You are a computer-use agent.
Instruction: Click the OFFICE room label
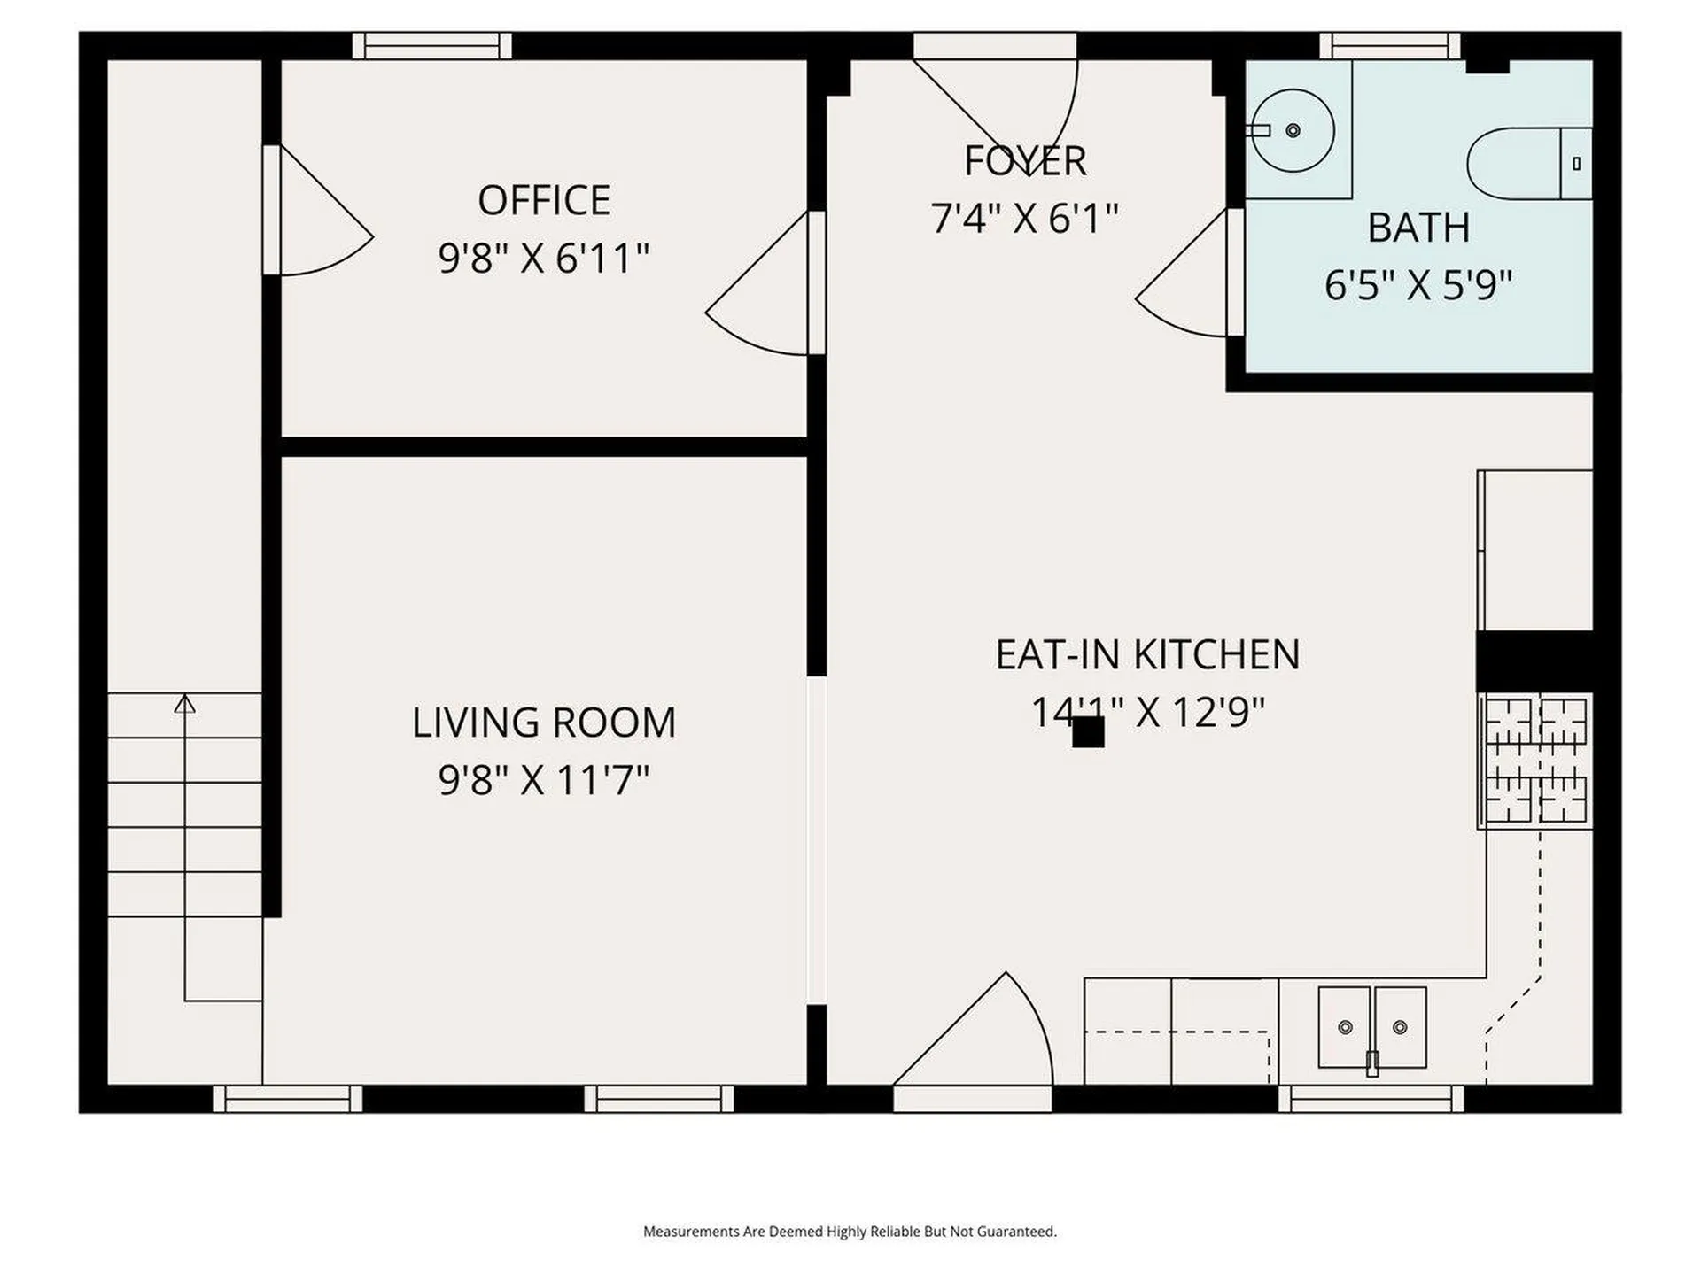tap(544, 201)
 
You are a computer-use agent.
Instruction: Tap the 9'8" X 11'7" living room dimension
tap(544, 781)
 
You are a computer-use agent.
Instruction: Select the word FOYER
tap(1025, 161)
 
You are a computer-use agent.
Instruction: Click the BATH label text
tap(1418, 228)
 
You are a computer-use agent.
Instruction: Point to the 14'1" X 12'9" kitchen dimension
tap(1148, 712)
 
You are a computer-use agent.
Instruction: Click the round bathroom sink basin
tap(1293, 131)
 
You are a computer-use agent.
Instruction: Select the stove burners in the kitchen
tap(1535, 760)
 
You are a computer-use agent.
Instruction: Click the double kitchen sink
tap(1372, 1027)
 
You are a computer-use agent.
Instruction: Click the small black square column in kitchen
tap(1088, 732)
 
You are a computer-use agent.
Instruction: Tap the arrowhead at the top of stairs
tap(184, 704)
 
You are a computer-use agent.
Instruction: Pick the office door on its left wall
tap(319, 212)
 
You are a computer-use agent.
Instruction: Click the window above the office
tap(432, 45)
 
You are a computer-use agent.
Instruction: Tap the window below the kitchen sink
tap(1371, 1099)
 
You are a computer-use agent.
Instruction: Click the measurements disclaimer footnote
tap(850, 1232)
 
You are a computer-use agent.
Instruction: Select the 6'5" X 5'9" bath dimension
tap(1418, 286)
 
